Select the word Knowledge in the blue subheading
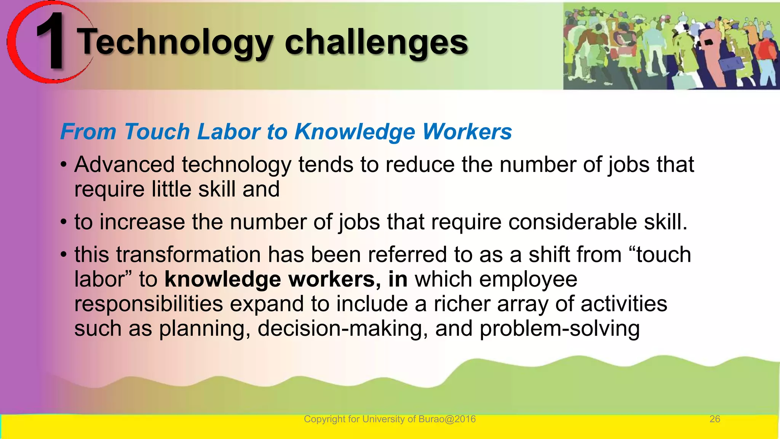click(355, 132)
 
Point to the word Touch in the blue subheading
click(157, 132)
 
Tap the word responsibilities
click(149, 304)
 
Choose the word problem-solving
click(559, 328)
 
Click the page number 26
click(714, 419)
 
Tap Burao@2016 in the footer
click(447, 419)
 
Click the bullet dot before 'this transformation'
click(64, 255)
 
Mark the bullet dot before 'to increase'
click(64, 222)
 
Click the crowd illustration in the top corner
click(671, 46)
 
